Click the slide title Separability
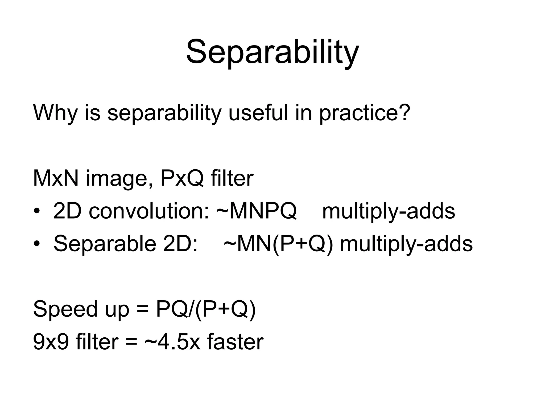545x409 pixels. (x=272, y=52)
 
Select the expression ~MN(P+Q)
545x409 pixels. (x=278, y=244)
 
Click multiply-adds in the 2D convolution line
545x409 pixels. (x=389, y=212)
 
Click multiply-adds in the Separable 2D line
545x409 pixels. (x=406, y=245)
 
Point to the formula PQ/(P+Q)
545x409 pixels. (x=206, y=309)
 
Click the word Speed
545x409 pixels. (x=65, y=309)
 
